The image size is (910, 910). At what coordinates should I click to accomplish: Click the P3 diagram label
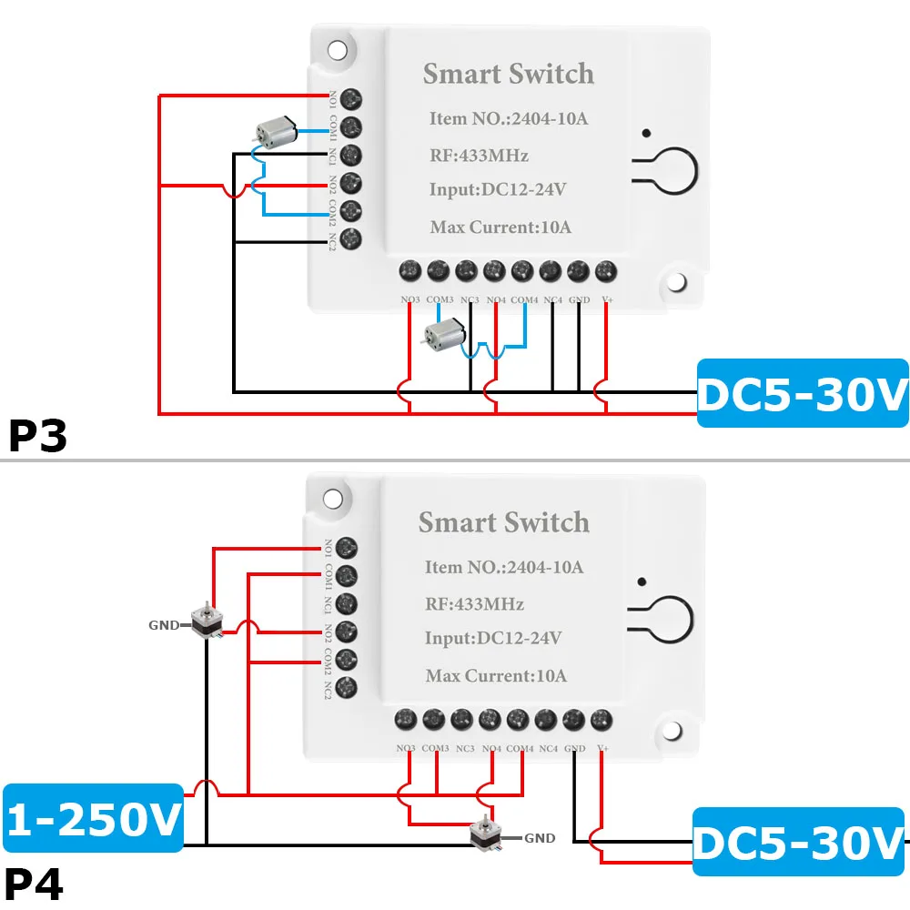pos(38,436)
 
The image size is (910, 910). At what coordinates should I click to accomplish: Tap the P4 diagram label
pos(35,883)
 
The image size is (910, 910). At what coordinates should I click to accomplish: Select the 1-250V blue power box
pos(94,816)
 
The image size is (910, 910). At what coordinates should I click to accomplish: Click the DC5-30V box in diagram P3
pos(803,392)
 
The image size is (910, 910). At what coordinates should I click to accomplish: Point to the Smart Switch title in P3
pos(508,74)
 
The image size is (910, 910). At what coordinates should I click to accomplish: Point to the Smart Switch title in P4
pos(503,522)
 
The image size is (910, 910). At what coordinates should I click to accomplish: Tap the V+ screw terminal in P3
pos(606,270)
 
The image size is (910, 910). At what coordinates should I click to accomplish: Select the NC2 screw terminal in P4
pos(346,687)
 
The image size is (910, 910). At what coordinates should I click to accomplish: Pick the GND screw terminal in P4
pos(573,720)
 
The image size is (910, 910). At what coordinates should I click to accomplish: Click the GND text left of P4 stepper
pos(164,626)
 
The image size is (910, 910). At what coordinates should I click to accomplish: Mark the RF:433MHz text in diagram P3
pos(479,155)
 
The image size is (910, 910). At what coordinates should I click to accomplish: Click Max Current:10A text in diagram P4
pos(496,675)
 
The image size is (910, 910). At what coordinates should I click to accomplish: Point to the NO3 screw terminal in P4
pos(406,720)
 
